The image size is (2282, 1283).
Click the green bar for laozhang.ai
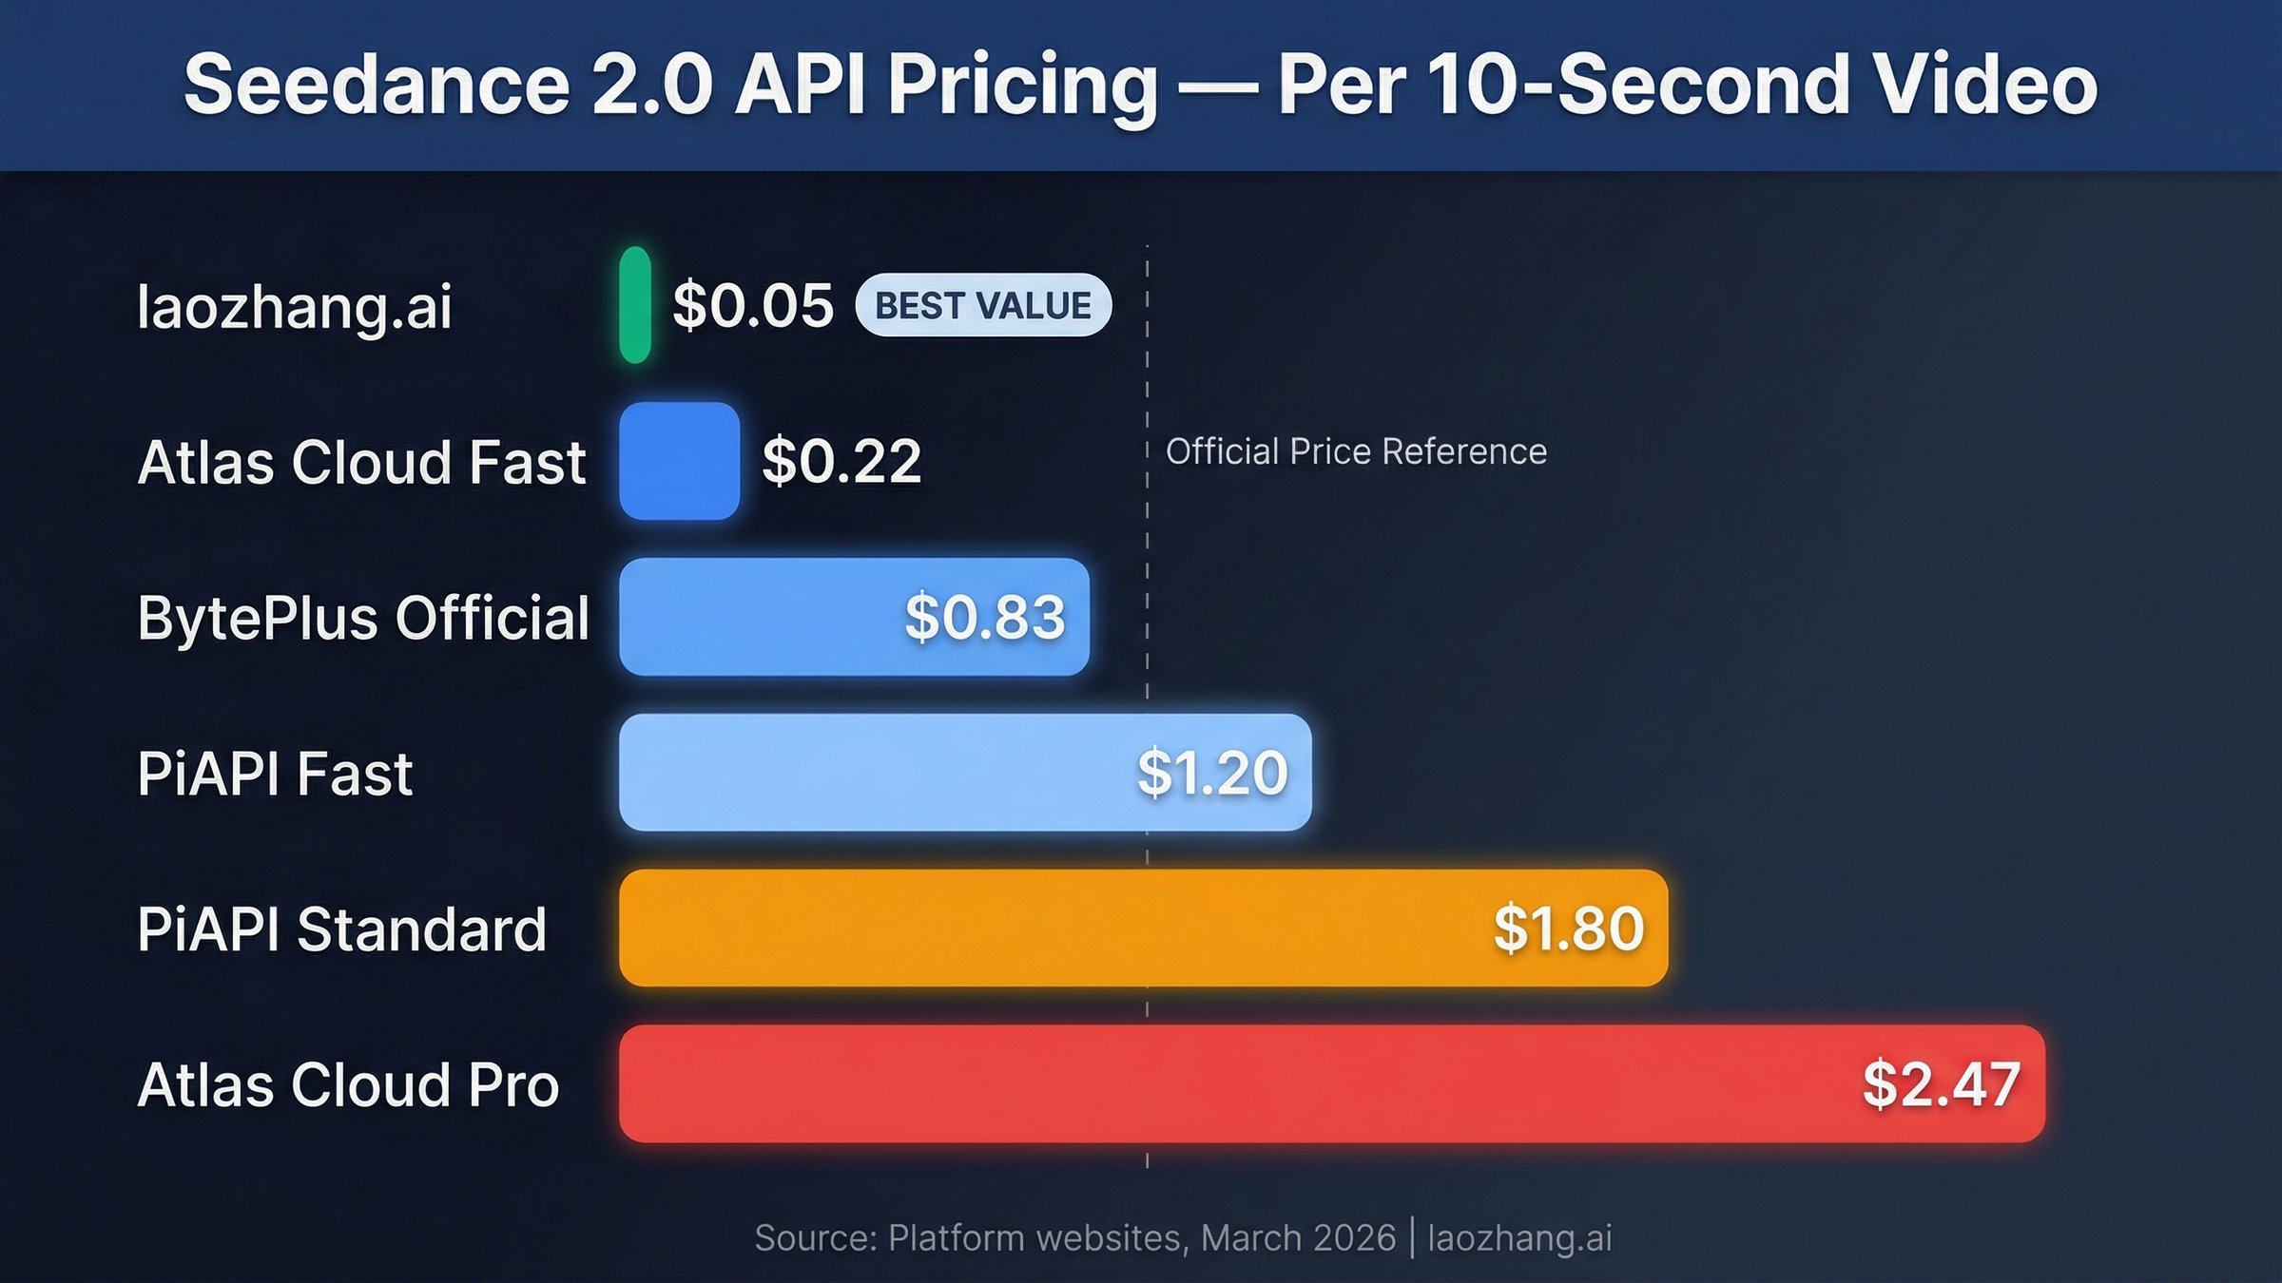634,305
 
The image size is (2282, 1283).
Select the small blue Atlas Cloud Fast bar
679,461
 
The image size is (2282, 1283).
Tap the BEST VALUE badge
983,305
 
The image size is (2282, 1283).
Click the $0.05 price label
752,306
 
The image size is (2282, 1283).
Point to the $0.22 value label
841,461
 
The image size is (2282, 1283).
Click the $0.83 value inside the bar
984,617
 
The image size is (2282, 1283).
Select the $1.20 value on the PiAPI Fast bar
1212,772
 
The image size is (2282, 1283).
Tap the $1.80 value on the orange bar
1568,928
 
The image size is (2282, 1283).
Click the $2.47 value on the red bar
1941,1083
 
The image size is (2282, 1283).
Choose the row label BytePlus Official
363,618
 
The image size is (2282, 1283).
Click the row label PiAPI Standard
341,929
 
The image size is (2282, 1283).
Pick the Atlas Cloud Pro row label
348,1084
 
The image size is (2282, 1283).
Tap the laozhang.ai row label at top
294,307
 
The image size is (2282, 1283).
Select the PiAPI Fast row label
275,773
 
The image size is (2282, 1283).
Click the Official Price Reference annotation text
1356,451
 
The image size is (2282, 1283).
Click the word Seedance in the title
377,86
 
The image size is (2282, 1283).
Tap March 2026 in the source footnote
1298,1238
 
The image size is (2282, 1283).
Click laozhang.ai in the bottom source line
1519,1238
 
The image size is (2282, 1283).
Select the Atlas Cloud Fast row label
361,462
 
